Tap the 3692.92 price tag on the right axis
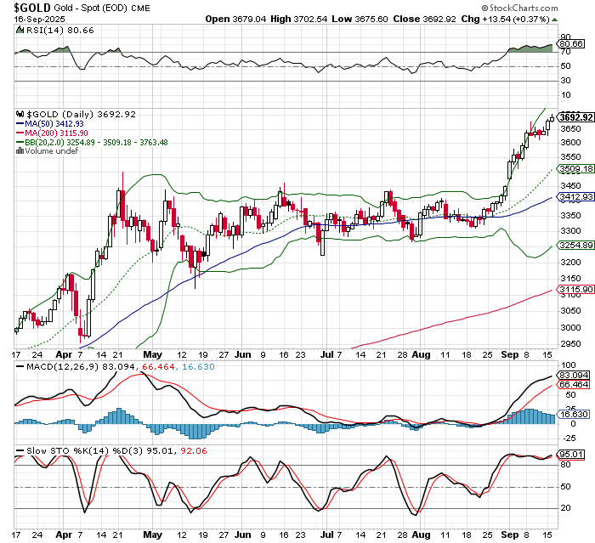[575, 116]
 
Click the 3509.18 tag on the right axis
[575, 169]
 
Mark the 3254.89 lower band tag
[575, 245]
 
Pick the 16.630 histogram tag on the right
[575, 415]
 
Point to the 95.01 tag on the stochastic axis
[575, 454]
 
